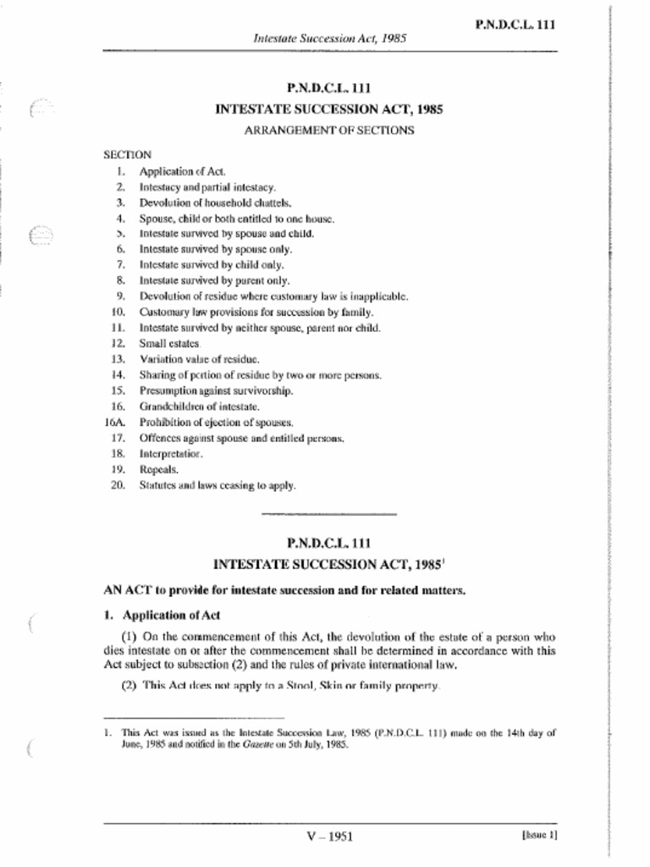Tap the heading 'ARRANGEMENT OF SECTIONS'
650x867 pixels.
pos(329,130)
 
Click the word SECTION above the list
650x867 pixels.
pos(127,155)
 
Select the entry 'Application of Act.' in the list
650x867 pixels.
pos(170,171)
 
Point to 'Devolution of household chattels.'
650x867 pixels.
pos(203,203)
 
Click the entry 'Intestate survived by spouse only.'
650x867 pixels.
pos(215,250)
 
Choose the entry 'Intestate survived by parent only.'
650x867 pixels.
pos(214,280)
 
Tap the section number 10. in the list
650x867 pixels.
pos(118,312)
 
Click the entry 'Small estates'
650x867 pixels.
pos(169,344)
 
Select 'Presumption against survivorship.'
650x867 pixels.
pos(216,391)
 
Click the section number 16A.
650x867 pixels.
pos(115,422)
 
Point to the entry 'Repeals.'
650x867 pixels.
pos(158,470)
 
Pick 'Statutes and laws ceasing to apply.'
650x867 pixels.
pos(218,486)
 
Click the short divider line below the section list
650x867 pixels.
pos(329,514)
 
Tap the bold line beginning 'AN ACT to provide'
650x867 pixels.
pos(284,590)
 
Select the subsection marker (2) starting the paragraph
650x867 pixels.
pos(129,685)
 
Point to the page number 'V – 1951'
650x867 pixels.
pos(329,837)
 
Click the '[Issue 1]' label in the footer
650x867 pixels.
pos(539,835)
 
